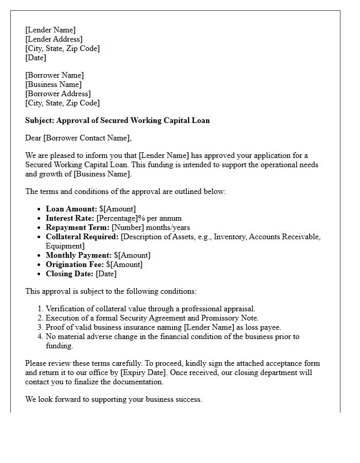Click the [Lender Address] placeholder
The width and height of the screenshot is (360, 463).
click(53, 39)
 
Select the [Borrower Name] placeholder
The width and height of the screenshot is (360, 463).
click(54, 75)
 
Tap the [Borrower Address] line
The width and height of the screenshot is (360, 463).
click(58, 94)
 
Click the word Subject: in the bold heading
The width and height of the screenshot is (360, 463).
click(40, 120)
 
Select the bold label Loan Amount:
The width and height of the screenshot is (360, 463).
click(71, 209)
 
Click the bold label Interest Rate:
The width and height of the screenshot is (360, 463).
click(70, 218)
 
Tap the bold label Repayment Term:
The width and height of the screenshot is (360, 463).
click(77, 227)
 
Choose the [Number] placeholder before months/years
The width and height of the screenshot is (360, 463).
click(128, 227)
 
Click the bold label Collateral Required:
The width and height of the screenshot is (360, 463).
click(82, 237)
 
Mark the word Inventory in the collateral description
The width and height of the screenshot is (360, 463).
click(229, 237)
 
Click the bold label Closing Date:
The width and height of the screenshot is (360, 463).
click(69, 274)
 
